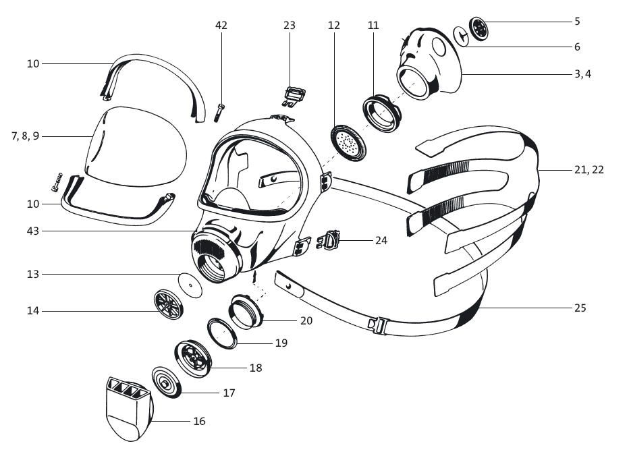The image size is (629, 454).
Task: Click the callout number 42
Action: [x=221, y=26]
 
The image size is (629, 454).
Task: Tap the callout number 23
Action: [x=290, y=26]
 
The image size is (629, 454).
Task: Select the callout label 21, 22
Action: [x=589, y=170]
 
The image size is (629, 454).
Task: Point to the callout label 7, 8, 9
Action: [x=26, y=136]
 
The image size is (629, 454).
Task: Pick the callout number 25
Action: [x=580, y=308]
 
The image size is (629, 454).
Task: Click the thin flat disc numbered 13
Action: [x=190, y=285]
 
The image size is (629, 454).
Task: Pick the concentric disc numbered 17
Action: [x=165, y=384]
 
